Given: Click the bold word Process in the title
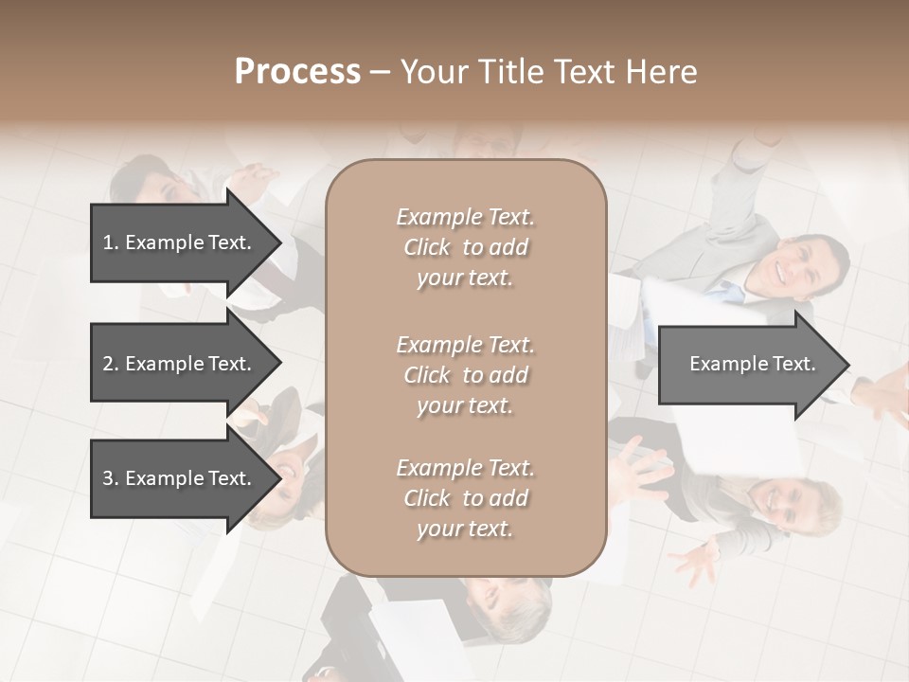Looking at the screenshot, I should (297, 72).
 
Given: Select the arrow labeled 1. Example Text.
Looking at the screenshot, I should (180, 242).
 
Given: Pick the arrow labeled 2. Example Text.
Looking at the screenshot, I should (180, 364).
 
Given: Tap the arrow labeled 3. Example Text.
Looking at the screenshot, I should (180, 478).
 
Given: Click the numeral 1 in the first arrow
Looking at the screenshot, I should (108, 242).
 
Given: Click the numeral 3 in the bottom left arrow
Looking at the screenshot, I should (108, 478).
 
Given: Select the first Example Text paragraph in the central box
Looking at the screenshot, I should (465, 247).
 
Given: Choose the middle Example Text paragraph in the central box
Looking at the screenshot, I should (465, 375).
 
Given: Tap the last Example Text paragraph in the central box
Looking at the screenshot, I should (465, 498).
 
